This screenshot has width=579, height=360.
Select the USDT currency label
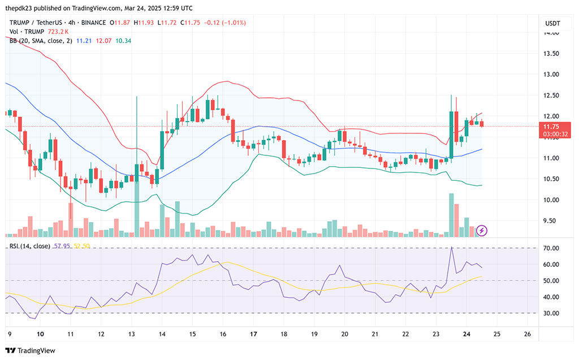(x=552, y=23)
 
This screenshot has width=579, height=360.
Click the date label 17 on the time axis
(x=253, y=334)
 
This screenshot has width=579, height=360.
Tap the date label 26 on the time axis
(x=527, y=334)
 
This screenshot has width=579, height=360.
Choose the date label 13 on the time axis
(x=131, y=334)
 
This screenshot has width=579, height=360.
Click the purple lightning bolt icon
(x=481, y=230)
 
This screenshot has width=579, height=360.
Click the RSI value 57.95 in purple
(x=61, y=246)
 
